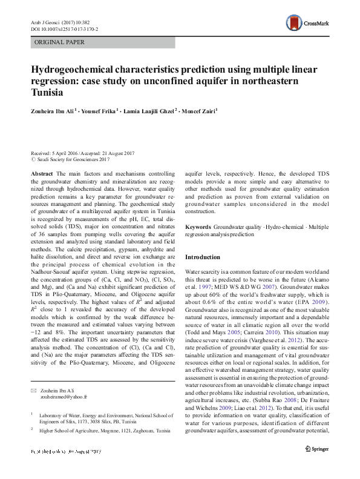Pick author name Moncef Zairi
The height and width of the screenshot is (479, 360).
point(199,111)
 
